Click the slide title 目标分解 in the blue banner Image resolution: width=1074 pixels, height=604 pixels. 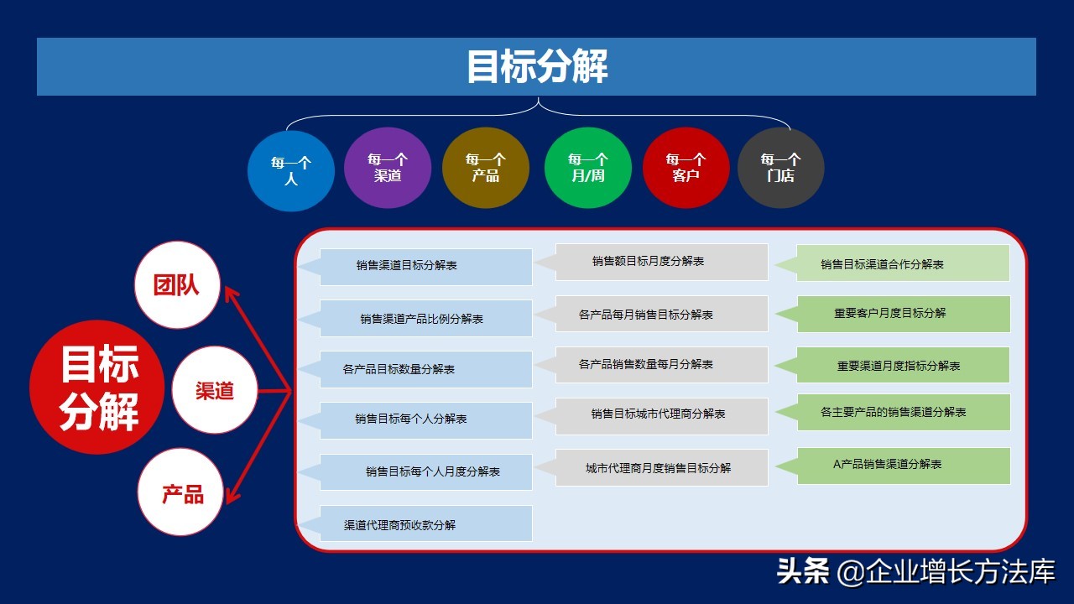(537, 67)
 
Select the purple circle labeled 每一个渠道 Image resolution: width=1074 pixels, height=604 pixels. (388, 168)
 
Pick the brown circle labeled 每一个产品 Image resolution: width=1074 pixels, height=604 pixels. (486, 168)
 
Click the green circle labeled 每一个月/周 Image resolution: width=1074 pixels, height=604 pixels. (587, 168)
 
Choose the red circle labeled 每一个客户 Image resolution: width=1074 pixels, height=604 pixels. (686, 168)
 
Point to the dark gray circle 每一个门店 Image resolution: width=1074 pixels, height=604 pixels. (780, 168)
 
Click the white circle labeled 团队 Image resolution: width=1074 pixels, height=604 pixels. (177, 285)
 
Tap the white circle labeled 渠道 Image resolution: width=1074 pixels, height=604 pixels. (215, 390)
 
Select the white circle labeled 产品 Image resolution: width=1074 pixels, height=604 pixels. (182, 493)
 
